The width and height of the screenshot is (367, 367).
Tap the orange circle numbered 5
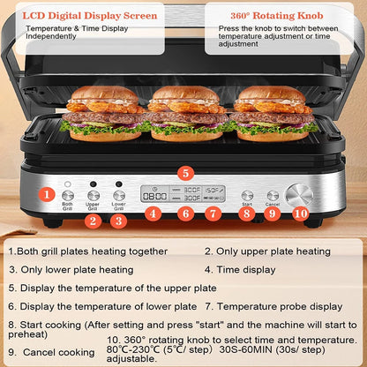[184, 173]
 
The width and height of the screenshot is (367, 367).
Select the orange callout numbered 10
[301, 213]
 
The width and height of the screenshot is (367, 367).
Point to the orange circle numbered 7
[212, 213]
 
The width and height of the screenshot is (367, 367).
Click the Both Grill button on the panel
[68, 195]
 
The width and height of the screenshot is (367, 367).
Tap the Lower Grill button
[118, 195]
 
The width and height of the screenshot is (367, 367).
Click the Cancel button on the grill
[273, 195]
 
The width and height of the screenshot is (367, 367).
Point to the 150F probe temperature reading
[213, 190]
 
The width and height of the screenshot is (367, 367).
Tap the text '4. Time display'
[240, 269]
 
